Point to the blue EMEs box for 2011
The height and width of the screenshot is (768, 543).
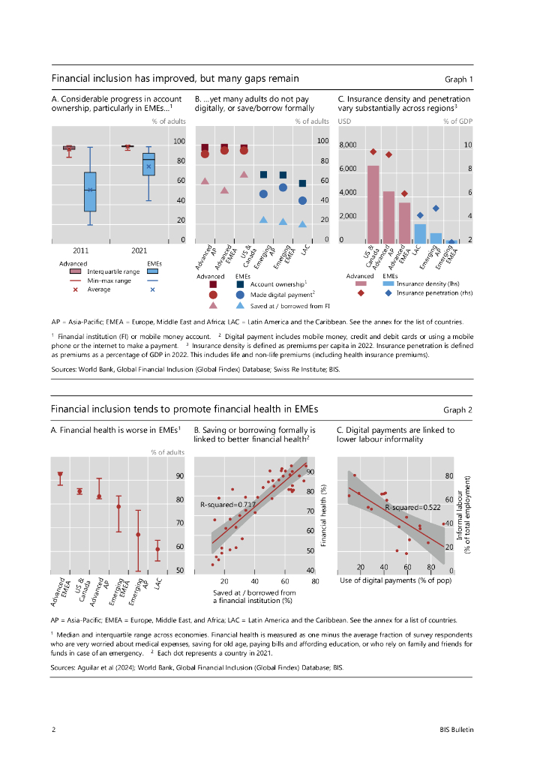coord(90,191)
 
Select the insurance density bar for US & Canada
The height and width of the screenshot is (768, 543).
coord(373,204)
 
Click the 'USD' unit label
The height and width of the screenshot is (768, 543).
coord(345,121)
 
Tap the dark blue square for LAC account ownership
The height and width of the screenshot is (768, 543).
coord(302,184)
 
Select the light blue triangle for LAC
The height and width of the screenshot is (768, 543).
coord(302,223)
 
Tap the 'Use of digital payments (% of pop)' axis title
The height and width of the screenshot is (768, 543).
coord(388,580)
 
